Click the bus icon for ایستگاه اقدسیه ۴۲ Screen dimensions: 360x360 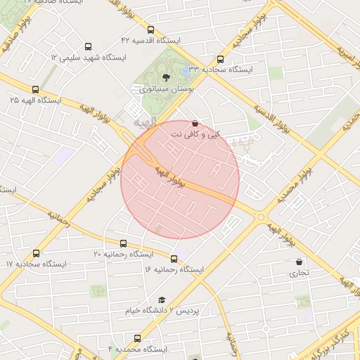tap(151, 30)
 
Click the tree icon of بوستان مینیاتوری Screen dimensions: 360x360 tap(166, 77)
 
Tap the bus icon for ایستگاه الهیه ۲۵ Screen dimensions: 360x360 tap(36, 89)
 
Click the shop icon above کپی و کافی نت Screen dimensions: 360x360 tap(195, 123)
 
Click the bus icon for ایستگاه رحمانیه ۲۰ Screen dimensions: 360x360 tap(124, 243)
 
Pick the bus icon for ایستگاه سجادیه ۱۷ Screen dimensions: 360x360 tap(36, 253)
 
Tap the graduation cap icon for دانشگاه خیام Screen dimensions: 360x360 tap(162, 300)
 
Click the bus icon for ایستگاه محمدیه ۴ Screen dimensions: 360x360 tap(137, 338)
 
